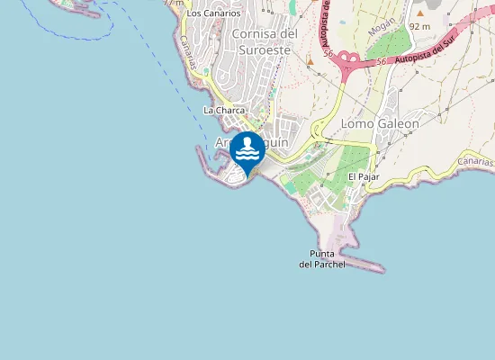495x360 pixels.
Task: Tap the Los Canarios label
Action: (x=213, y=13)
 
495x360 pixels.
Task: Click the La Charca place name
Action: (x=224, y=111)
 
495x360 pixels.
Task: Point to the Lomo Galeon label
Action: (x=380, y=123)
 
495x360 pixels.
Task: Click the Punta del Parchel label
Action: (x=322, y=259)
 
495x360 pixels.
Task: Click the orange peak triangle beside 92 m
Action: (x=419, y=13)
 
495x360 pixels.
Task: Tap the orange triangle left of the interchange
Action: (x=310, y=62)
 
